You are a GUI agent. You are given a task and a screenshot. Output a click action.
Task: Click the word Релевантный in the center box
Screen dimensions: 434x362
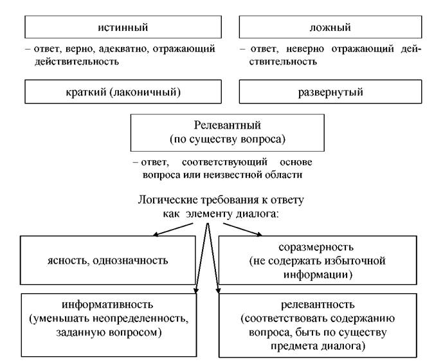[227, 125]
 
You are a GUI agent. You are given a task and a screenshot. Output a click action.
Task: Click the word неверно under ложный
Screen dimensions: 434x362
[305, 49]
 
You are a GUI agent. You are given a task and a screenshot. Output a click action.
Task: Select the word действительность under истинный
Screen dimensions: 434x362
[77, 62]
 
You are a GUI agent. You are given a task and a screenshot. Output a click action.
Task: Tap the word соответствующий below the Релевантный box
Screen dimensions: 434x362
[224, 162]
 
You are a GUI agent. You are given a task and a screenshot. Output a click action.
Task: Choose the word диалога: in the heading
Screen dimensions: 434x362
[257, 214]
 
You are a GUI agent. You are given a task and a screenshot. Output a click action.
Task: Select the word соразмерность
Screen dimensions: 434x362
[316, 247]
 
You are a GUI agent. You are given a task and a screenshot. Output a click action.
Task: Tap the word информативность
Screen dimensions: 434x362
[107, 304]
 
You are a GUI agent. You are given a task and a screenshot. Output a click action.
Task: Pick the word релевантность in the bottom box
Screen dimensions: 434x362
[318, 304]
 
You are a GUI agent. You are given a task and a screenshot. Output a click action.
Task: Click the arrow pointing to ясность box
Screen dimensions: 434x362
[173, 230]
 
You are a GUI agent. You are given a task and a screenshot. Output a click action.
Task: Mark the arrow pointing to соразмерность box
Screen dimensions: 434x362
[242, 230]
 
